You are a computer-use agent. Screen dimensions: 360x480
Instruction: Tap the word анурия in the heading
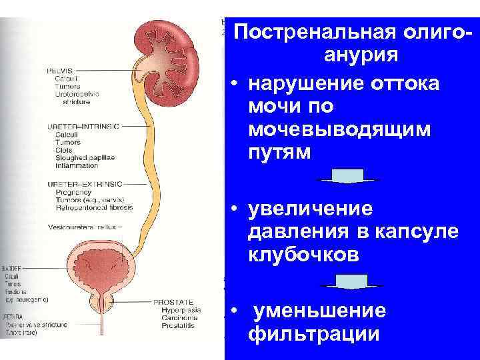(x=361, y=55)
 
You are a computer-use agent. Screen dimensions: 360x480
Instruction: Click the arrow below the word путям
(x=347, y=177)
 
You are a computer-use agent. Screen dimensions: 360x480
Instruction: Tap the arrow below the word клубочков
(x=347, y=285)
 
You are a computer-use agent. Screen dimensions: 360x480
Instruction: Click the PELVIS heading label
(x=61, y=70)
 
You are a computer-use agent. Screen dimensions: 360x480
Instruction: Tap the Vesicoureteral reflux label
(x=83, y=227)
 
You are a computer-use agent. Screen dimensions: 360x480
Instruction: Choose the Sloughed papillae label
(x=85, y=157)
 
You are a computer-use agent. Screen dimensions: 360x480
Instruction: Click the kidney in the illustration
(x=167, y=57)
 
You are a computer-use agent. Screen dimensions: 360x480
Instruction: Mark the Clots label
(x=65, y=149)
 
